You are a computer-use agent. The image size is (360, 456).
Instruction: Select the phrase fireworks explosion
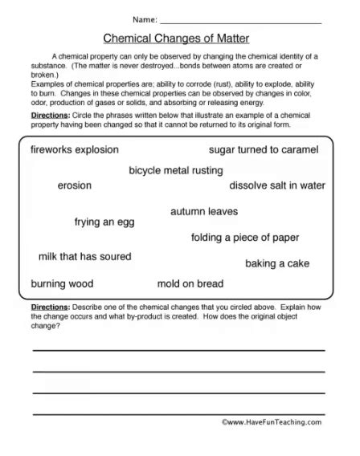(74, 150)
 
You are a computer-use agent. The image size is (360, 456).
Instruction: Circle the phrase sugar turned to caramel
(264, 150)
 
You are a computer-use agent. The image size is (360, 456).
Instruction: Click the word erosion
(75, 185)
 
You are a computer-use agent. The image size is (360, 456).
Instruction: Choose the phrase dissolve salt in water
(277, 185)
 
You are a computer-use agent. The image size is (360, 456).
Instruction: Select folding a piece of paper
(244, 238)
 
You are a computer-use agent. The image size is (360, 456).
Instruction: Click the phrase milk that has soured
(85, 257)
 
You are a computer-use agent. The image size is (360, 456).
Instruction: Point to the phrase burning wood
(62, 284)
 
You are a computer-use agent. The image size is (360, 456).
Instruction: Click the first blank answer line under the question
(178, 350)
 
